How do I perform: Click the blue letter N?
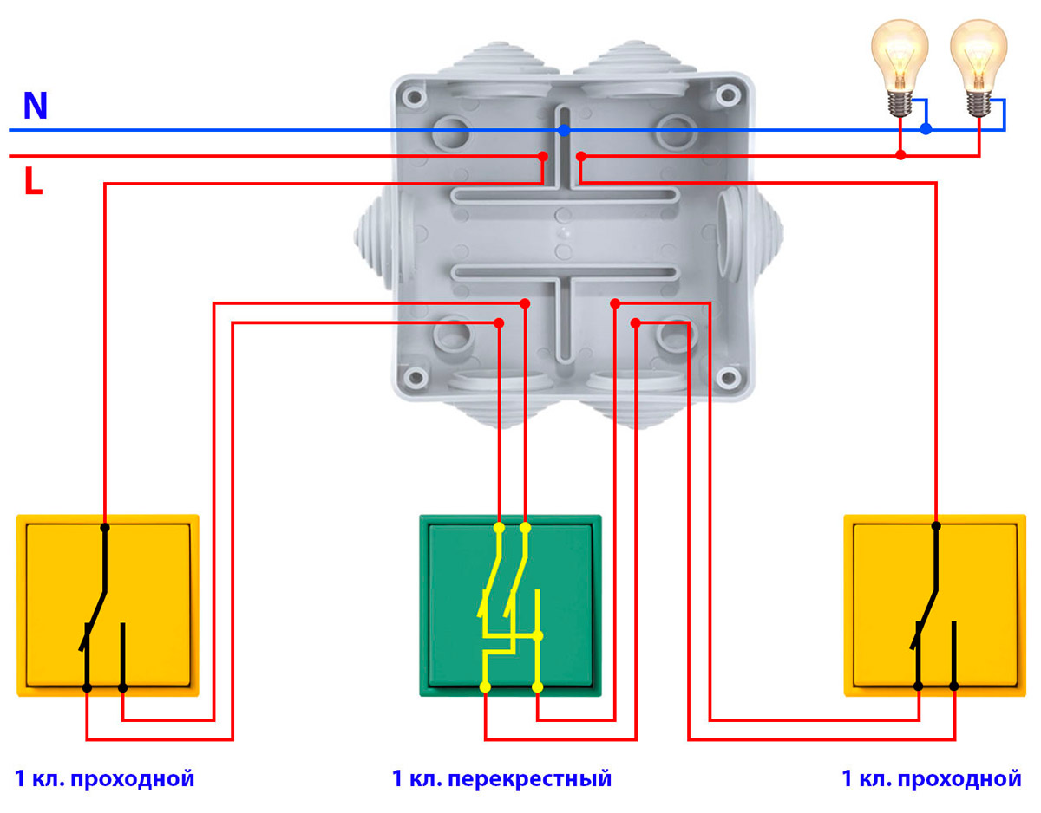pos(36,106)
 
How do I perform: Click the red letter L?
pos(33,182)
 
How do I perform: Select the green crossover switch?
pos(509,605)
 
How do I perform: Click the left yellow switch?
pos(108,605)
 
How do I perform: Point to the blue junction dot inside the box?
pos(564,130)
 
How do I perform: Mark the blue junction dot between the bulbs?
pos(926,129)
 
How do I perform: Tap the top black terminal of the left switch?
pos(105,527)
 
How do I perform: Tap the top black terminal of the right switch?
pos(936,526)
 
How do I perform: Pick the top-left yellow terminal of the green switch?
pos(499,527)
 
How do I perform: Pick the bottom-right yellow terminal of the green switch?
pos(538,687)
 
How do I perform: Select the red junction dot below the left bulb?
pos(900,155)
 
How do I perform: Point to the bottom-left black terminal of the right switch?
pos(919,686)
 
